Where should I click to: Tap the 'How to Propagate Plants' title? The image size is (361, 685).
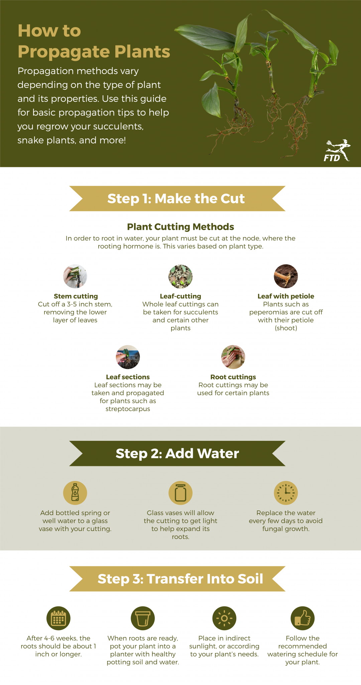(94, 41)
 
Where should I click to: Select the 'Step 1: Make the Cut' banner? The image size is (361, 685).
(177, 198)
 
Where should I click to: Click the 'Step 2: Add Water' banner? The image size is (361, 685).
(177, 453)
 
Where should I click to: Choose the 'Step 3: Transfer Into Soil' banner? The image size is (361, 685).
(177, 579)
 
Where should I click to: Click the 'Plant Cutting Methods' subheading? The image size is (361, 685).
(180, 227)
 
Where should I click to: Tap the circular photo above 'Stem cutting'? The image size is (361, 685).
(75, 276)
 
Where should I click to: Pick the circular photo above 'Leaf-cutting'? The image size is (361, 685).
(180, 276)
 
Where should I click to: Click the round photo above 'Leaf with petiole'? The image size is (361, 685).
(286, 276)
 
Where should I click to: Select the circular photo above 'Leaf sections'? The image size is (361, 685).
(128, 357)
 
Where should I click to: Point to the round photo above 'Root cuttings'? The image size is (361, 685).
(233, 357)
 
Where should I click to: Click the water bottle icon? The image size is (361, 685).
(75, 493)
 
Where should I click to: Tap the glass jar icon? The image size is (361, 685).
(180, 493)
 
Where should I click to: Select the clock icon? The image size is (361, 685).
(286, 493)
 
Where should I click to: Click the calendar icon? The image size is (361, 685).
(58, 618)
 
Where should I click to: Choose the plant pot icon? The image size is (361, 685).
(143, 618)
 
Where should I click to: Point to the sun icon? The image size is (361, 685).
(224, 618)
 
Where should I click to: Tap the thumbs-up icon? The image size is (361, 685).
(303, 618)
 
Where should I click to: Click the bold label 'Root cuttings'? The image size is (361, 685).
(233, 377)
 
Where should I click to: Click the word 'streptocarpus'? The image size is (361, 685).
(128, 409)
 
